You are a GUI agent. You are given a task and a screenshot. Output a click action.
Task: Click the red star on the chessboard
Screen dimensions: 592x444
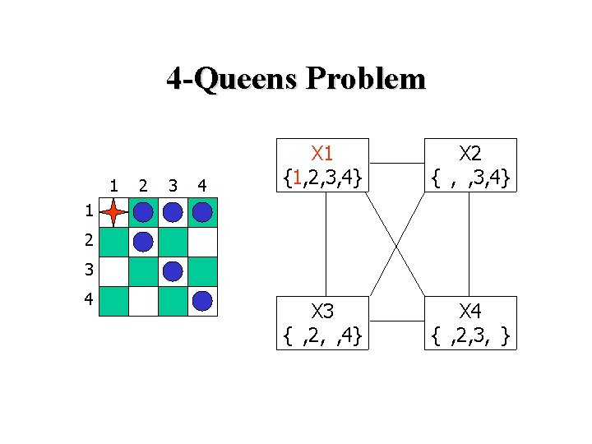tap(113, 213)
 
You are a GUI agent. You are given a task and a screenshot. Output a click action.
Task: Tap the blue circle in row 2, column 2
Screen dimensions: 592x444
tap(143, 242)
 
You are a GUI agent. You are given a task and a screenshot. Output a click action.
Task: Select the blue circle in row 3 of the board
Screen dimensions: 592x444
tap(173, 271)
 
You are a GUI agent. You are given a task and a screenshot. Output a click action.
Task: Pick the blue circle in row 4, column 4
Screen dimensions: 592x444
tap(202, 301)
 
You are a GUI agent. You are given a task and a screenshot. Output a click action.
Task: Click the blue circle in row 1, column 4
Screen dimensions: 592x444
tap(202, 213)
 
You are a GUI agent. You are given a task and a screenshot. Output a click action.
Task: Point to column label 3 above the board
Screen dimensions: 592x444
tap(173, 183)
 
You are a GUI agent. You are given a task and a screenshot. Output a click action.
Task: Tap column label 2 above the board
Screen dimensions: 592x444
tap(143, 183)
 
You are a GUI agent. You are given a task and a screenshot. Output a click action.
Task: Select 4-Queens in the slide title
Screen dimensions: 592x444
tap(232, 79)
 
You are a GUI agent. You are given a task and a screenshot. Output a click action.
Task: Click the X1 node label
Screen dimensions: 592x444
tap(321, 154)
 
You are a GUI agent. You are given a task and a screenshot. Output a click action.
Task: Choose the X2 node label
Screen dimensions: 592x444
tap(470, 154)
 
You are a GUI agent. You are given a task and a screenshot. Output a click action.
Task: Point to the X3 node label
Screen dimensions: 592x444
tap(321, 312)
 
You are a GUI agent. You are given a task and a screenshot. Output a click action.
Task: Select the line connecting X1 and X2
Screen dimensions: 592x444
tap(395, 163)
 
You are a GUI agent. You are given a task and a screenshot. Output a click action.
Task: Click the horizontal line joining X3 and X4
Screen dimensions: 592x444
tap(395, 321)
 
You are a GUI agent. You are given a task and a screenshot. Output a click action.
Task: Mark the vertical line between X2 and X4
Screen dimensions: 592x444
tap(469, 243)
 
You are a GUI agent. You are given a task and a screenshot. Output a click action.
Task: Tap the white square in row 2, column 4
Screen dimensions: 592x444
tap(202, 242)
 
